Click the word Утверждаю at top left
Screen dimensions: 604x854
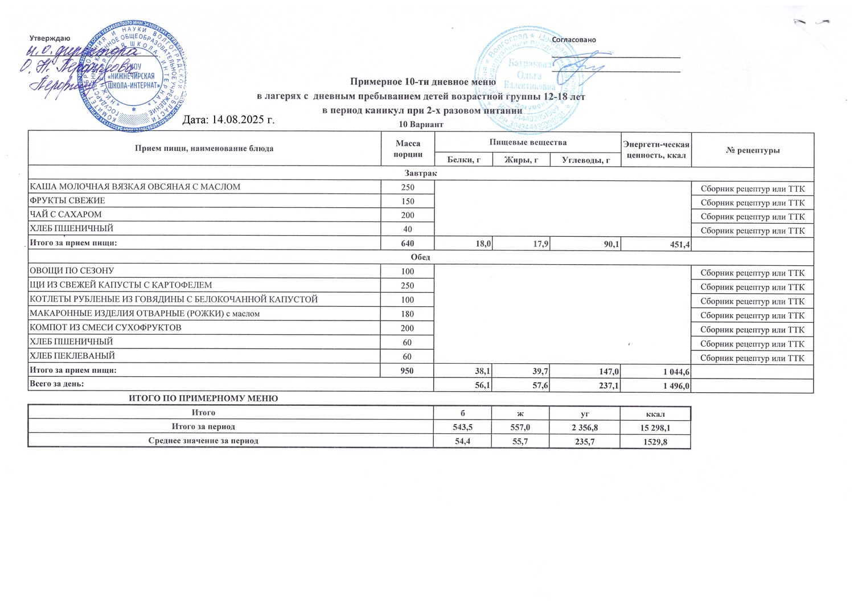pos(50,38)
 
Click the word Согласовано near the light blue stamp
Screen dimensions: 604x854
pos(574,40)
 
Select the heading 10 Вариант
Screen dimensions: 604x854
pos(421,124)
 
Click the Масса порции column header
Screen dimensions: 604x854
pos(408,149)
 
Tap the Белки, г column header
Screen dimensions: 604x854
pos(463,160)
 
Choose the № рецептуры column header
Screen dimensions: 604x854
pos(753,150)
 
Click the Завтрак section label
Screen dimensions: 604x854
pos(421,173)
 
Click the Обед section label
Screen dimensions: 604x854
pos(421,257)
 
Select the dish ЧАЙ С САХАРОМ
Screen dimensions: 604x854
pos(65,215)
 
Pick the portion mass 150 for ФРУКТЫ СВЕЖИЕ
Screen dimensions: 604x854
pos(408,202)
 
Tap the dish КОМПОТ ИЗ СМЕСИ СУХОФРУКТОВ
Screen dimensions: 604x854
pos(105,328)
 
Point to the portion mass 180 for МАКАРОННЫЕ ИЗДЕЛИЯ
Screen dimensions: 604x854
pos(408,314)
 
